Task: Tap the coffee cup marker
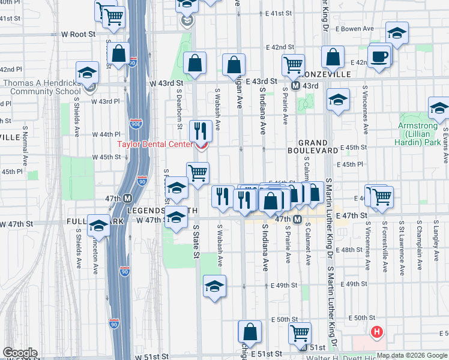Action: click(x=379, y=58)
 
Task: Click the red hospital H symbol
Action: click(x=377, y=331)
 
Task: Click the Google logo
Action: click(x=20, y=353)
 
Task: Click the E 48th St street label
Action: click(x=352, y=250)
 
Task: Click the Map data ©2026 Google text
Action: click(x=412, y=355)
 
